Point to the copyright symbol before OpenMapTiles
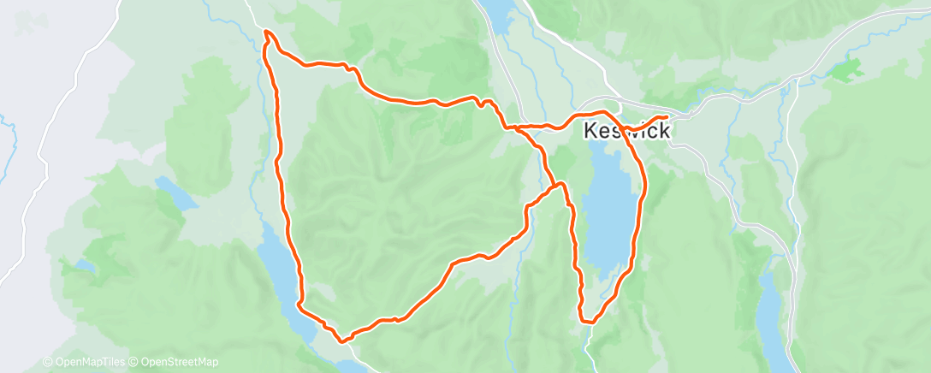(x=47, y=363)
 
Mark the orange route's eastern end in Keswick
(x=666, y=117)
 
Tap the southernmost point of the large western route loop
(x=343, y=340)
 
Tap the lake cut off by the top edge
(x=496, y=12)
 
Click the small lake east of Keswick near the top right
(x=851, y=70)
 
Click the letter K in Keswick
(x=591, y=132)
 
